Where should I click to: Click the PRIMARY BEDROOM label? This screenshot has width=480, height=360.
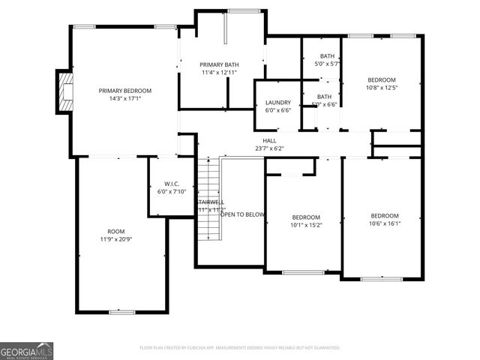point(125,90)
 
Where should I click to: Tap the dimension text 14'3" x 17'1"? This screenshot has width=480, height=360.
point(125,98)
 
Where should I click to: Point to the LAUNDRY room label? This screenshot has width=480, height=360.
point(277,102)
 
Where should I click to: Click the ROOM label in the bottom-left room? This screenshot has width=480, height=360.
point(116,231)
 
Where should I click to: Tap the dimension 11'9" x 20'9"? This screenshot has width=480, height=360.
point(116,239)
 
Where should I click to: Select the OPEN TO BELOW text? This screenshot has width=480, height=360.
point(242,214)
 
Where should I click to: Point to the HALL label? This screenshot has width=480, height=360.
point(268,140)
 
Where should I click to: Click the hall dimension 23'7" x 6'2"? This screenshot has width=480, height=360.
point(268,148)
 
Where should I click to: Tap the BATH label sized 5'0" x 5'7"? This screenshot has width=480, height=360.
point(327,56)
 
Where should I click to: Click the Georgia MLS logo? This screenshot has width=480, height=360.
point(26,351)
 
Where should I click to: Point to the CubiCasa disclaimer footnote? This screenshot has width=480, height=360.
point(240,348)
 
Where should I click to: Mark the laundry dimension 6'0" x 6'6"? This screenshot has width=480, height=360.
point(277,110)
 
